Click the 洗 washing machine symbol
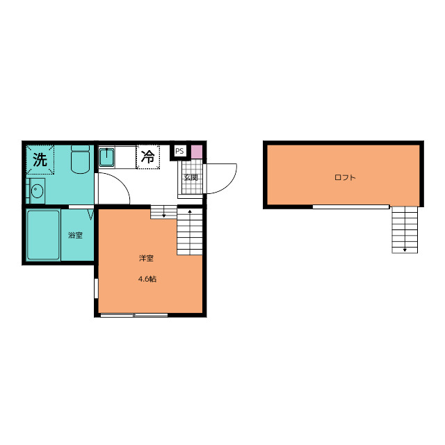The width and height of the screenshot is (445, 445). click(40, 159)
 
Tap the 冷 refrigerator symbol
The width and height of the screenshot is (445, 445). click(148, 156)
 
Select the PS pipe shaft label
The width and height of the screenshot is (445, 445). click(179, 151)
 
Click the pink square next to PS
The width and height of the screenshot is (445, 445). click(197, 152)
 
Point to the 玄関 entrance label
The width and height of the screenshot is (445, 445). click(191, 178)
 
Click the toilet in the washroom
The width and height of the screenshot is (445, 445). click(81, 159)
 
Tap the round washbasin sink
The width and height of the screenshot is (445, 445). click(37, 191)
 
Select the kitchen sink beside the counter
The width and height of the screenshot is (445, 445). click(106, 157)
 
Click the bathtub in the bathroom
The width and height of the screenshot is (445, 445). click(43, 235)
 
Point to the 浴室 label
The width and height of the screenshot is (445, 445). click(75, 235)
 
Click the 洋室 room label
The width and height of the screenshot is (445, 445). click(146, 258)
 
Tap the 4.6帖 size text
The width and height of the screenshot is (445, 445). click(147, 279)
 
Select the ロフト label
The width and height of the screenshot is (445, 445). click(345, 178)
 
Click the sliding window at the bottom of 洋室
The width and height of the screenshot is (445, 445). click(134, 315)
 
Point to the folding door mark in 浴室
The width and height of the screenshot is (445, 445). click(90, 215)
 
